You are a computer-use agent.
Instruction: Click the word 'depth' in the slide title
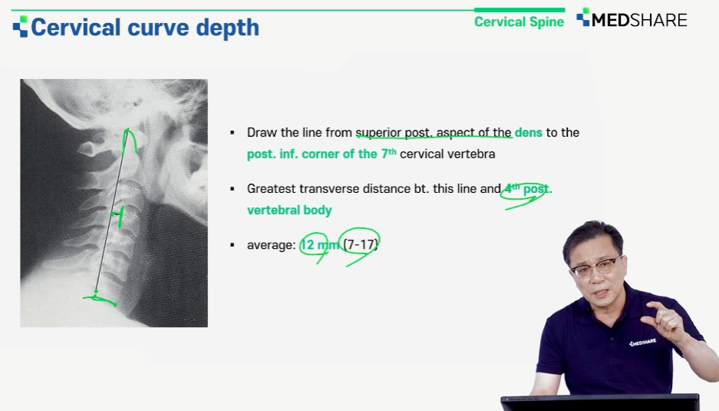coord(227,28)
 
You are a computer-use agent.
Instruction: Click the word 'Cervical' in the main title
coord(76,27)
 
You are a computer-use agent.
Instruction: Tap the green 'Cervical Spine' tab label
coord(519,22)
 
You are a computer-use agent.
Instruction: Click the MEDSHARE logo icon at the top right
coord(583,17)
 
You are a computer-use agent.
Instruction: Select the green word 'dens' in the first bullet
coord(528,133)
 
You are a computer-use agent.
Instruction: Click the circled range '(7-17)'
coord(361,245)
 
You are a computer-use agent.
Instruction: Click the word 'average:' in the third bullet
coord(272,245)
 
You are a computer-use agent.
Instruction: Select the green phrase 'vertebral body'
coord(289,210)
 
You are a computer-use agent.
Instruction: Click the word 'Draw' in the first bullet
coord(262,133)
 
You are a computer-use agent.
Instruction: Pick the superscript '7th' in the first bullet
coord(389,152)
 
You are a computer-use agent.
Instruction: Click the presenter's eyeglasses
coord(594,267)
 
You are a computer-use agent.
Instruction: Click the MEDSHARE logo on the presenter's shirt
coord(642,342)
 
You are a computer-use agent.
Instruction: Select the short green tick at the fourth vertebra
coord(119,217)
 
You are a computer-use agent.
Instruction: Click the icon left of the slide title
coord(20,27)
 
